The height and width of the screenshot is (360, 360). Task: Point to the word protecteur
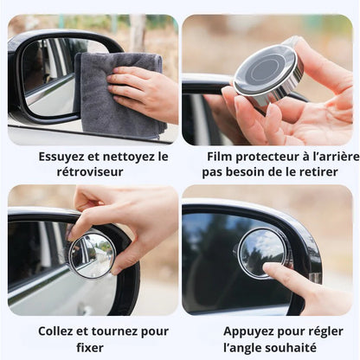point(272,157)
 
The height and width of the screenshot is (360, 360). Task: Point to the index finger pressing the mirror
point(286,279)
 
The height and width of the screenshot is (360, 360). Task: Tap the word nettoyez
point(120,157)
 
